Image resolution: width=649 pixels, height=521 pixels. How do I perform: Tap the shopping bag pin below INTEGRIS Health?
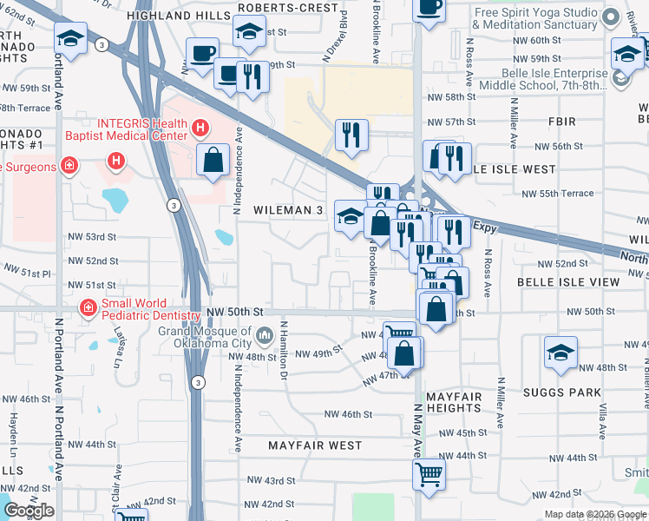coord(213,161)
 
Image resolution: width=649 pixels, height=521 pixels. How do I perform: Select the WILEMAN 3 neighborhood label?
coord(288,210)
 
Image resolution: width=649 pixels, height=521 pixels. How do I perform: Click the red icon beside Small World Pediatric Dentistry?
coord(87,307)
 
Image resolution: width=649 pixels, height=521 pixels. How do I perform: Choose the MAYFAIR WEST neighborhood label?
coord(315,445)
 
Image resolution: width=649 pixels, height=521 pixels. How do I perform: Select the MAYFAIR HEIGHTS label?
coord(454,402)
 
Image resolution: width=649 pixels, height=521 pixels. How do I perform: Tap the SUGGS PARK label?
coord(562,392)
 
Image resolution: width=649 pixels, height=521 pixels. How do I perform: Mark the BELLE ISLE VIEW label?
coord(568,282)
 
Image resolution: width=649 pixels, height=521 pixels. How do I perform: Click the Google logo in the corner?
coord(28,511)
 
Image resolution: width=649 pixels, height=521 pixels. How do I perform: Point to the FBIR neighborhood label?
coord(555,121)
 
